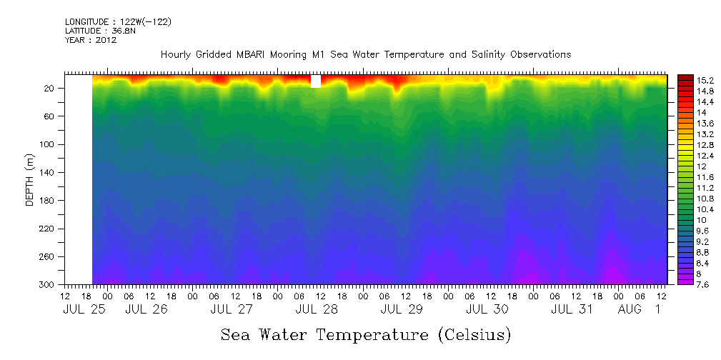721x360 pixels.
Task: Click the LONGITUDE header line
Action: (x=118, y=22)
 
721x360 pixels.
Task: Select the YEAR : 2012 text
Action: (x=91, y=40)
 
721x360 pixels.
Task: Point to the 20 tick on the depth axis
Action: (x=51, y=88)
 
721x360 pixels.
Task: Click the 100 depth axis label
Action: (x=49, y=144)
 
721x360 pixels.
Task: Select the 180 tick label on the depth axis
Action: (x=49, y=201)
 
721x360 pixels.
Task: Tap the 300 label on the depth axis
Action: (x=49, y=285)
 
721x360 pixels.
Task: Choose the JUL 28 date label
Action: (x=316, y=309)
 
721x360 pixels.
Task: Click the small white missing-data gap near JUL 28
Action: (x=316, y=81)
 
